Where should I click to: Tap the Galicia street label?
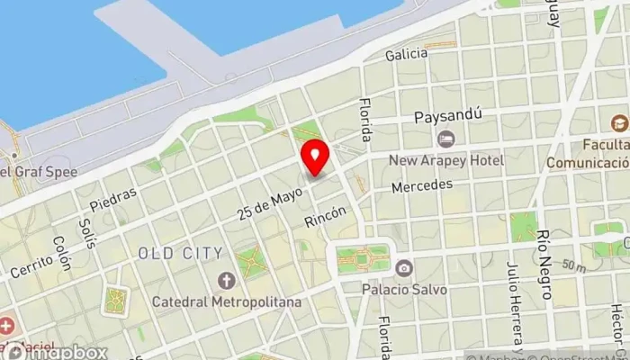pos(406,55)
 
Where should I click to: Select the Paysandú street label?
pos(442,117)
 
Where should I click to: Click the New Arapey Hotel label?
pos(446,160)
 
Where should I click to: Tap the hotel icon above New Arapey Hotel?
pos(445,139)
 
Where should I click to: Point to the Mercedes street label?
pos(421,186)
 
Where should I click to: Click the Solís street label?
pos(86,232)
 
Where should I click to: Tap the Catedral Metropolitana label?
pos(227,301)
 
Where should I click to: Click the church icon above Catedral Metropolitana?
pos(226,280)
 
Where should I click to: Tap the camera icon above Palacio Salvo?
pos(404,268)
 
